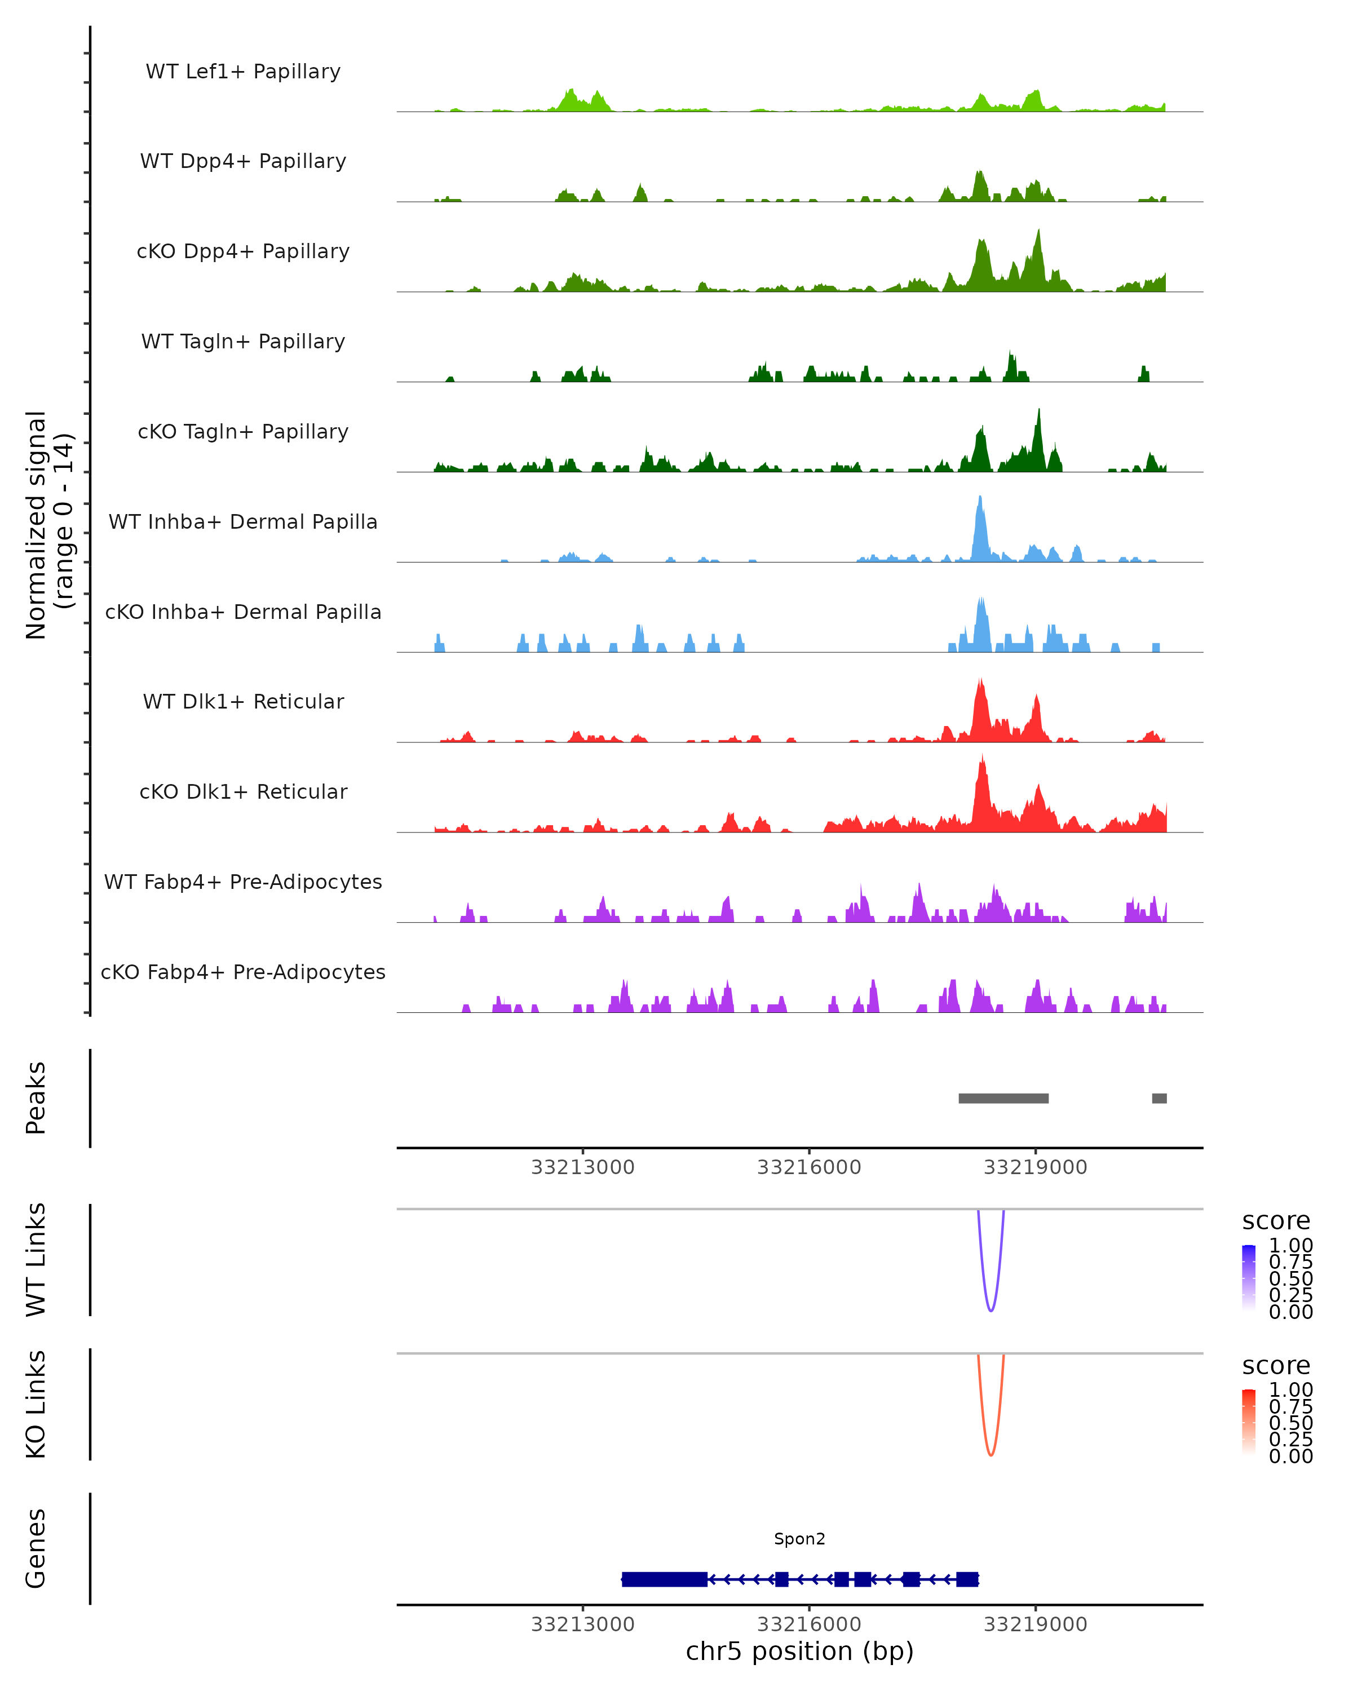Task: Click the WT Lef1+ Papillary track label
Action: tap(243, 72)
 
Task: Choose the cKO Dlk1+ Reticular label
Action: tap(243, 791)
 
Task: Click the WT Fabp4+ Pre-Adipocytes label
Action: tap(243, 882)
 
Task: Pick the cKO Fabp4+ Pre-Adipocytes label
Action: tap(243, 972)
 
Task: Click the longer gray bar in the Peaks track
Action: tap(1003, 1098)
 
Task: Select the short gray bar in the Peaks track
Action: tap(1159, 1098)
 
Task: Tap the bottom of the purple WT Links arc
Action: tap(991, 1311)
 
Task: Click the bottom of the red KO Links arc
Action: tap(991, 1455)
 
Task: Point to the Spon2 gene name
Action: tap(799, 1539)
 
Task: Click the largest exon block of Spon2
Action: tap(664, 1579)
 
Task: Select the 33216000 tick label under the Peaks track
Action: tap(808, 1167)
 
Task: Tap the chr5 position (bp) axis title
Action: tap(799, 1652)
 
